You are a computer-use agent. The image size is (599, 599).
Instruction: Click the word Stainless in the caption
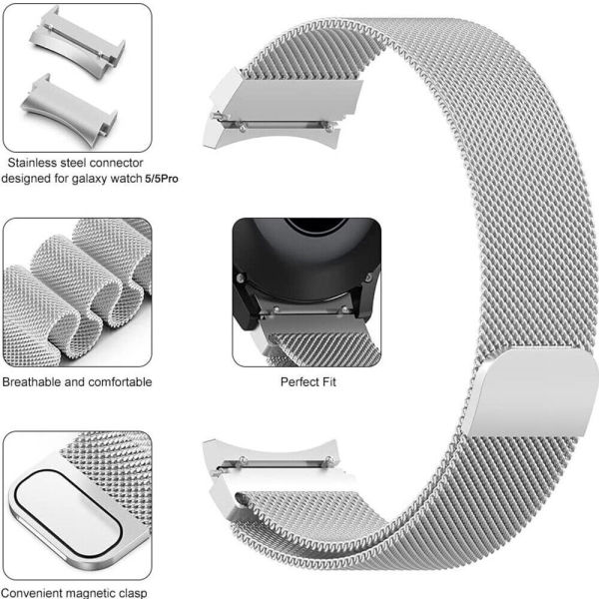coord(33,163)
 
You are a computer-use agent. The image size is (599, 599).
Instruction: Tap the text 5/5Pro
coord(162,179)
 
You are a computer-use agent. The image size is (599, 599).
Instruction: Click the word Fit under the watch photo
coord(328,381)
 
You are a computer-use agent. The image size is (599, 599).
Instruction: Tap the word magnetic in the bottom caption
coord(89,593)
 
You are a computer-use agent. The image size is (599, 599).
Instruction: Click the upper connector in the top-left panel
coord(78,41)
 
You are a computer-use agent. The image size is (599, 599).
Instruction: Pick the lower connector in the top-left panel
coord(70,111)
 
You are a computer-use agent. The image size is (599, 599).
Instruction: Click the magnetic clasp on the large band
coord(530,392)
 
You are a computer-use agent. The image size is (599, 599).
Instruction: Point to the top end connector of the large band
coord(282,108)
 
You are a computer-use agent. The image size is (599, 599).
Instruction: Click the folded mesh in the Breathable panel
coord(77,293)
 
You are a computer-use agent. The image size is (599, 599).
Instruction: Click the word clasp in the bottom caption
coord(132,593)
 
